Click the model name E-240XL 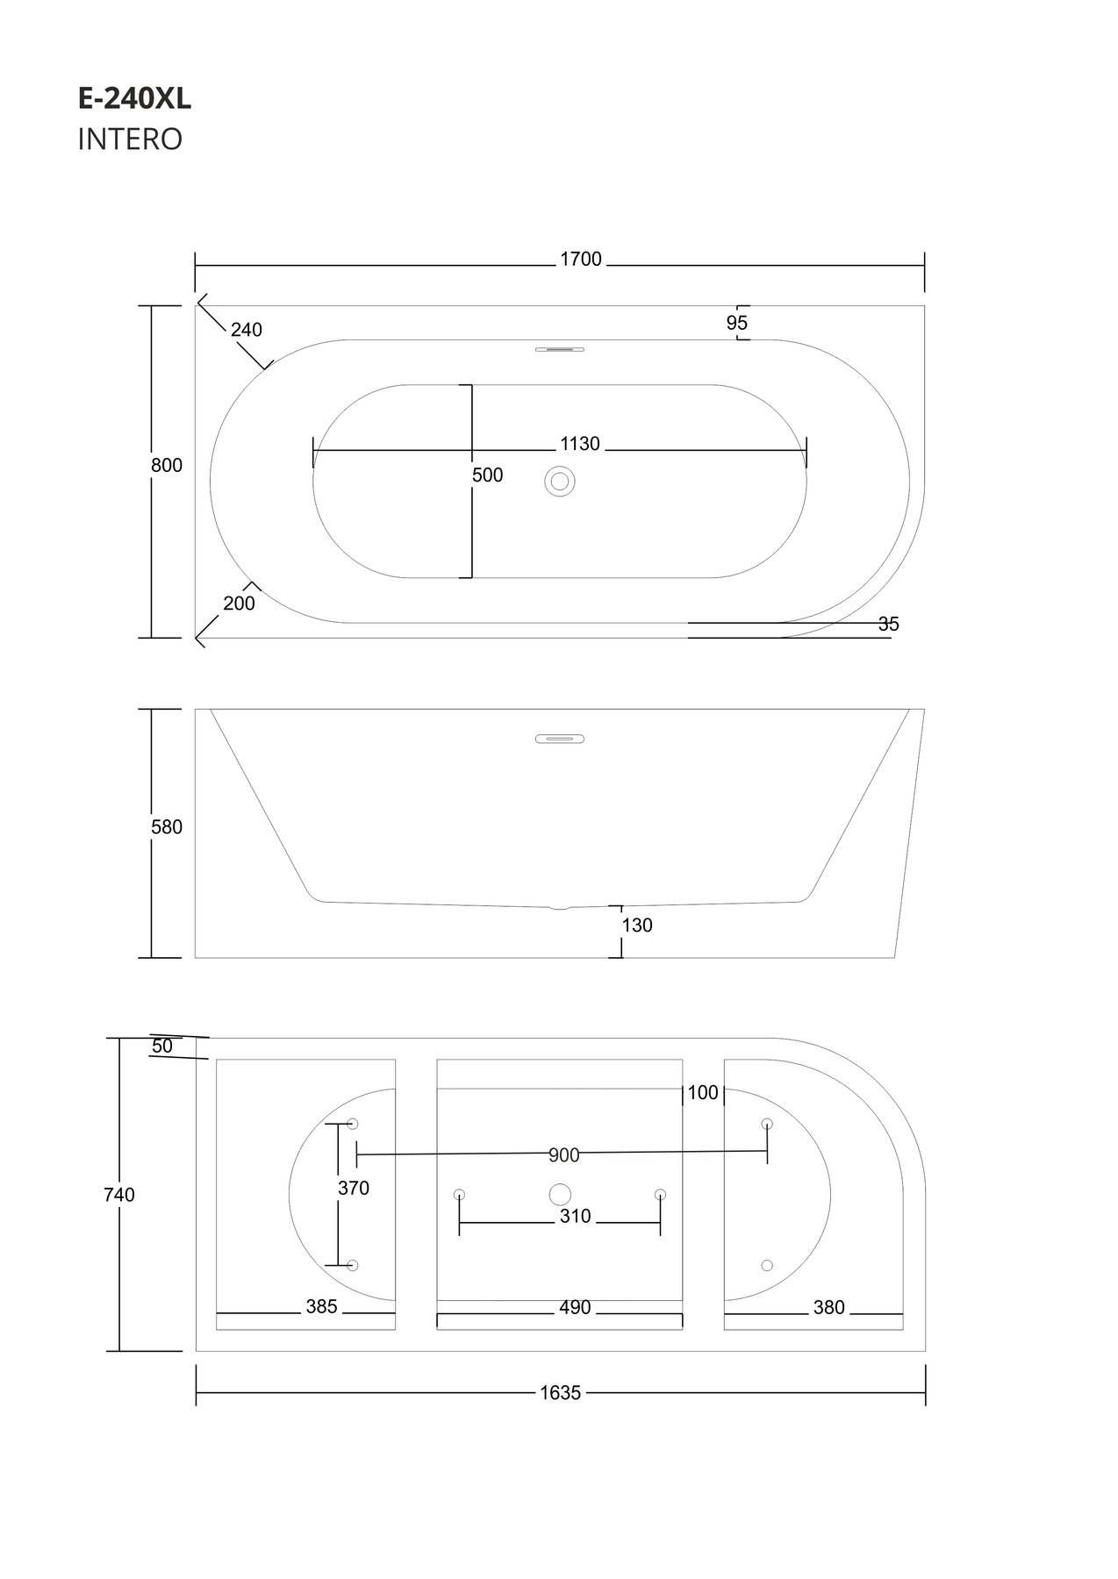tap(134, 99)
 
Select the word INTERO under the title tap(130, 139)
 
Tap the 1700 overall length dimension tap(581, 260)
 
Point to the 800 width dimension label tap(167, 466)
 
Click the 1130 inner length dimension tap(580, 444)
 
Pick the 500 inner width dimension tap(488, 475)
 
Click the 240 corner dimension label tap(247, 330)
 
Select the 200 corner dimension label tap(240, 604)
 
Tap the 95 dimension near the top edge tap(737, 323)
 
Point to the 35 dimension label tap(889, 625)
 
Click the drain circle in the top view tap(560, 482)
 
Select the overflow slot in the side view tap(560, 739)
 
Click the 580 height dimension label tap(167, 827)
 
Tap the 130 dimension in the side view tap(638, 925)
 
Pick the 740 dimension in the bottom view tap(119, 1195)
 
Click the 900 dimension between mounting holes tap(564, 1155)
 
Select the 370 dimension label tap(354, 1189)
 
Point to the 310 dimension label tap(576, 1217)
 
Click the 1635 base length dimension tap(561, 1393)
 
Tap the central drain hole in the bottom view tap(560, 1194)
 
